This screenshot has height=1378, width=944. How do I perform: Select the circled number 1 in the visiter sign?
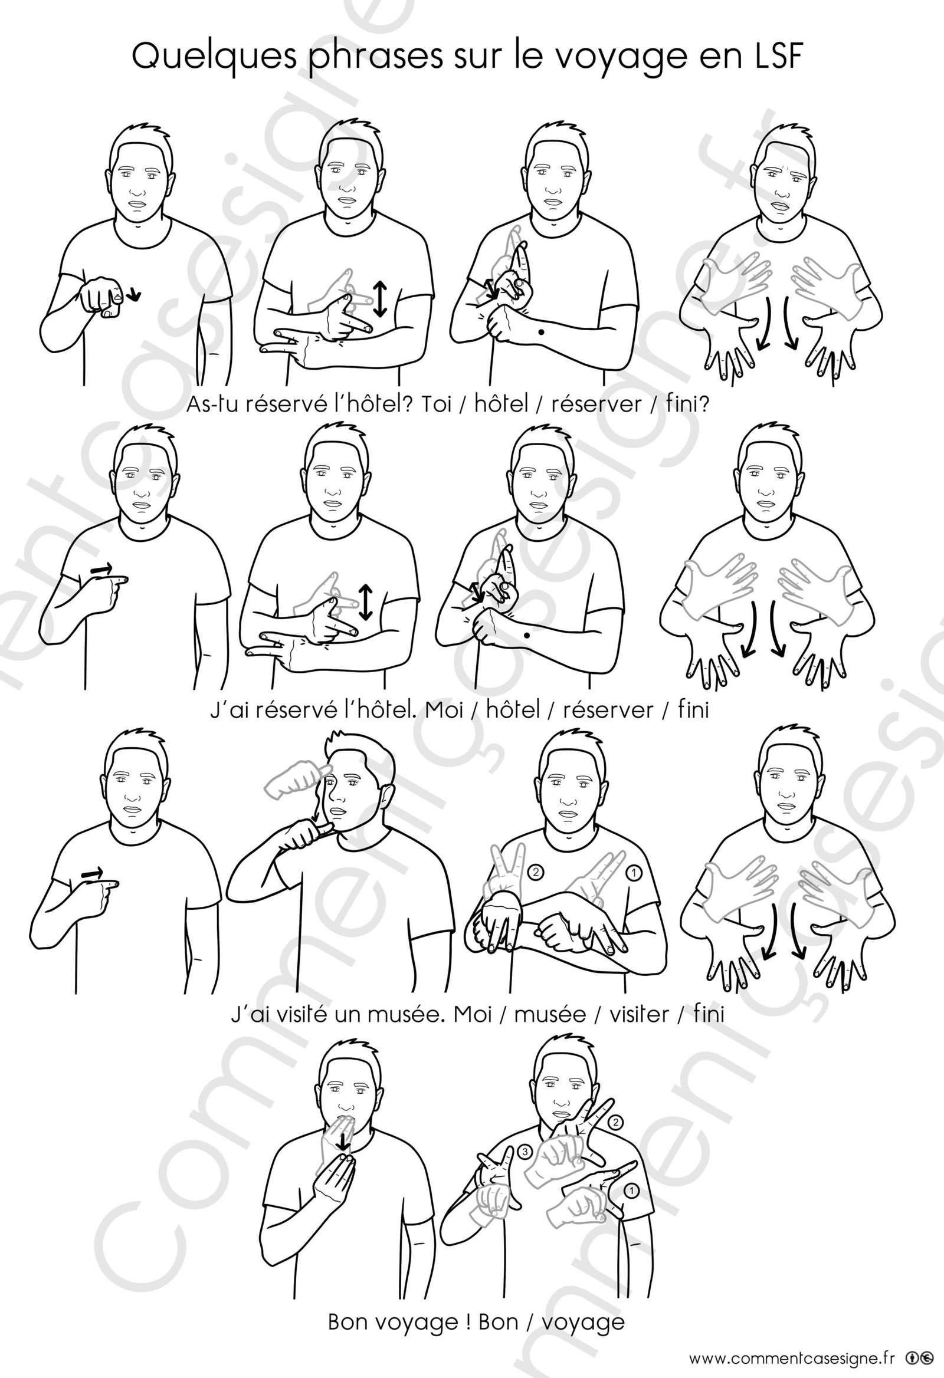(634, 872)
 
